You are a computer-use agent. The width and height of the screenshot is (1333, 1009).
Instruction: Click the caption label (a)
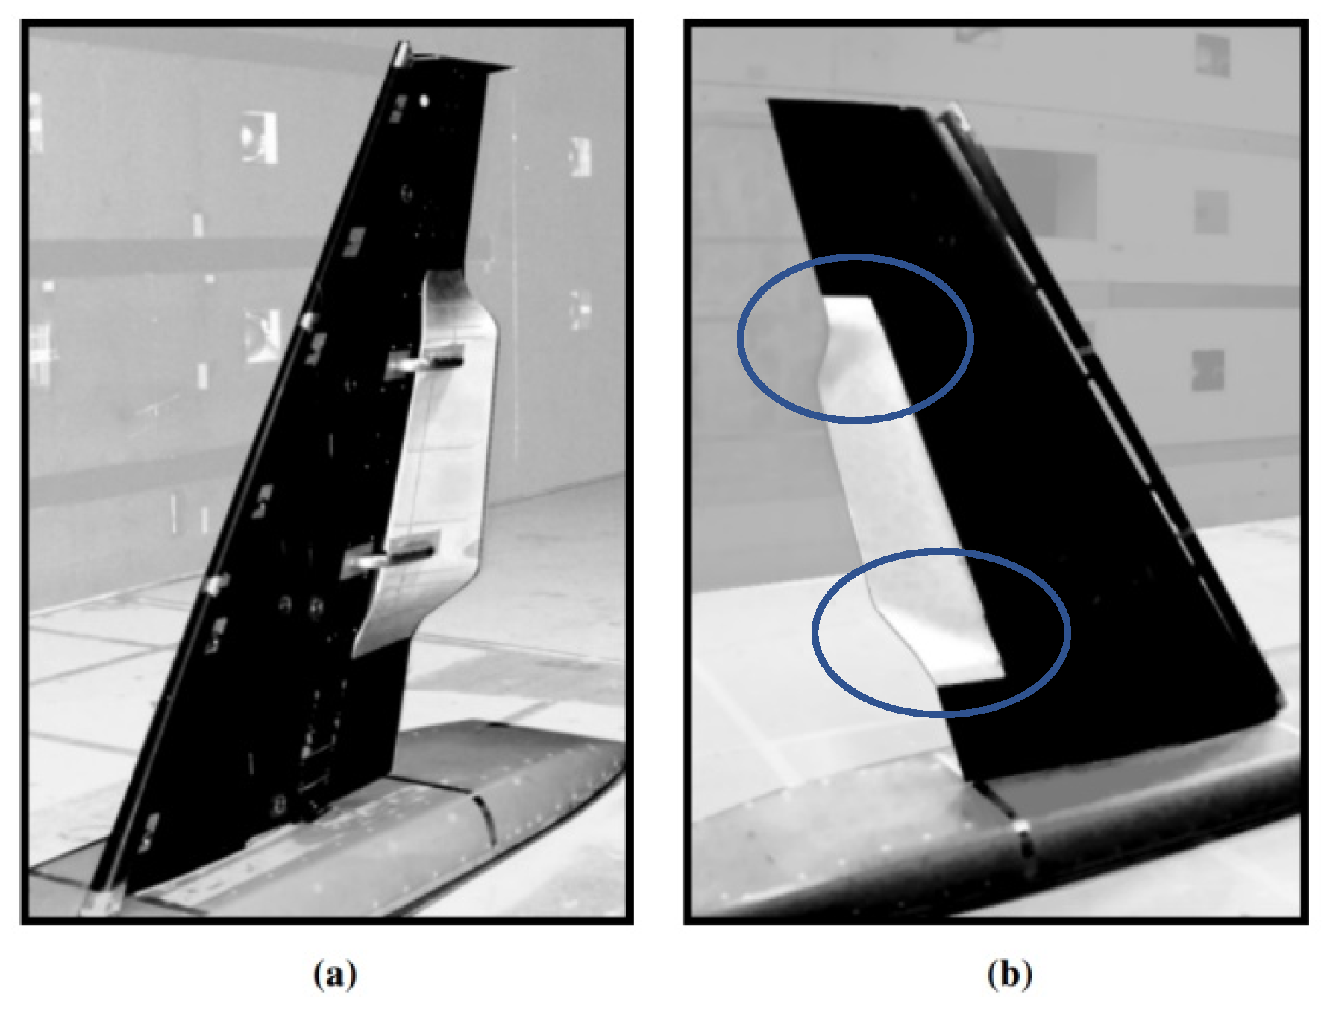[335, 975]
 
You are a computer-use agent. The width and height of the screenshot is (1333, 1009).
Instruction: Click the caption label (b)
[1009, 975]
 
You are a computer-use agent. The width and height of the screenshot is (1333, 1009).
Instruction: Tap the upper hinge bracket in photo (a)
[425, 361]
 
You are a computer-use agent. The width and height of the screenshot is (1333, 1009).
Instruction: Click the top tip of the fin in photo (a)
[403, 49]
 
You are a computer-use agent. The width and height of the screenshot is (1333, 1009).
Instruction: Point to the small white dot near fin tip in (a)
[424, 99]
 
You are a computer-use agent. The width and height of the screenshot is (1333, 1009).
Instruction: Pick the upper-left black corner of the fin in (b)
[773, 101]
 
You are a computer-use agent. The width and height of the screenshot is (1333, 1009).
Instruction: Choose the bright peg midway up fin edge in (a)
[307, 321]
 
